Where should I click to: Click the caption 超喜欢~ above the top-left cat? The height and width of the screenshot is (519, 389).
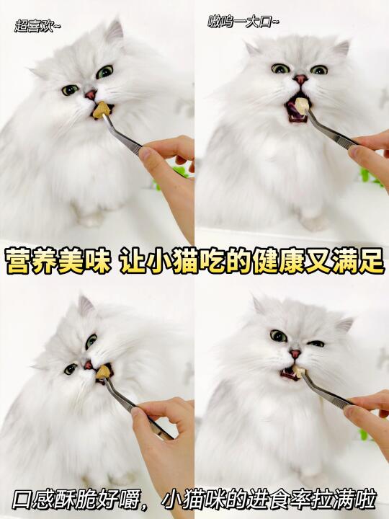pyautogui.click(x=37, y=26)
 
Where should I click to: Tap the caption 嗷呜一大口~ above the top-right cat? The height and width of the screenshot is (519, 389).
pyautogui.click(x=243, y=22)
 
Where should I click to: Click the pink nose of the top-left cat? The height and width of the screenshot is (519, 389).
pyautogui.click(x=91, y=95)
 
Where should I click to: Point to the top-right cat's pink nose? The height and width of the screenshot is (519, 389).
pyautogui.click(x=300, y=79)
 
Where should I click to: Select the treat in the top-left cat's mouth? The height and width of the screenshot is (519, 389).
pyautogui.click(x=101, y=110)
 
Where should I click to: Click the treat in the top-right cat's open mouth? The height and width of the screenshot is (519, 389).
pyautogui.click(x=302, y=105)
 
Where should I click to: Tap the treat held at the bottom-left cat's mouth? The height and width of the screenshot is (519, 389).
pyautogui.click(x=103, y=372)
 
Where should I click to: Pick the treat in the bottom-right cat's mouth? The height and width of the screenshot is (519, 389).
pyautogui.click(x=298, y=371)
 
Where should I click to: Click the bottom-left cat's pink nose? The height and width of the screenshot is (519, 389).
pyautogui.click(x=88, y=365)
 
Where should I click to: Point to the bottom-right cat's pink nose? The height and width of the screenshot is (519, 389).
pyautogui.click(x=295, y=353)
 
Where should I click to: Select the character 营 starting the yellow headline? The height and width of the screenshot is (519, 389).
pyautogui.click(x=17, y=261)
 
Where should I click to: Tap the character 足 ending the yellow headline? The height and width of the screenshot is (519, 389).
pyautogui.click(x=371, y=261)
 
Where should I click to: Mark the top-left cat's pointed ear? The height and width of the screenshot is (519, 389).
pyautogui.click(x=115, y=30)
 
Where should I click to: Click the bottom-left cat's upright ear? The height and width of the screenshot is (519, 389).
pyautogui.click(x=85, y=305)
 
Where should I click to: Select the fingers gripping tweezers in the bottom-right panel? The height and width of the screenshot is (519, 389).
pyautogui.click(x=367, y=410)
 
